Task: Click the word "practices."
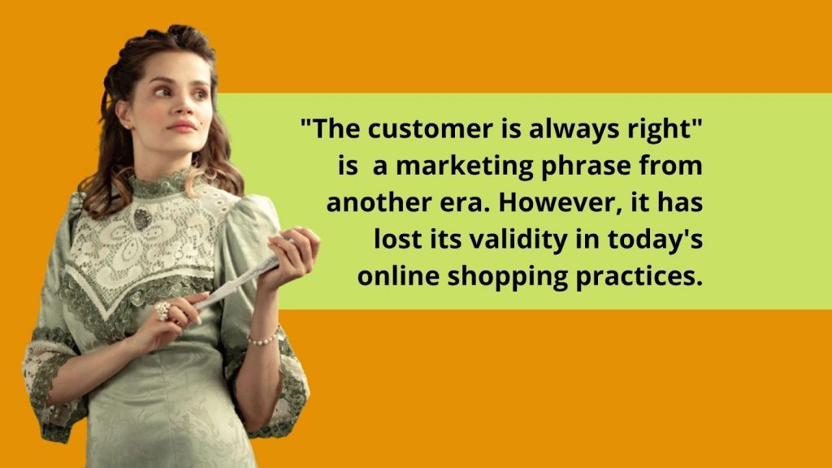tap(639, 277)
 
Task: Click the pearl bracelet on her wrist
tap(263, 338)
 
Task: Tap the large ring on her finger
tap(162, 310)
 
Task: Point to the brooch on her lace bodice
tap(141, 219)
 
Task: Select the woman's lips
tap(181, 127)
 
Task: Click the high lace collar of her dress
tap(160, 184)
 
